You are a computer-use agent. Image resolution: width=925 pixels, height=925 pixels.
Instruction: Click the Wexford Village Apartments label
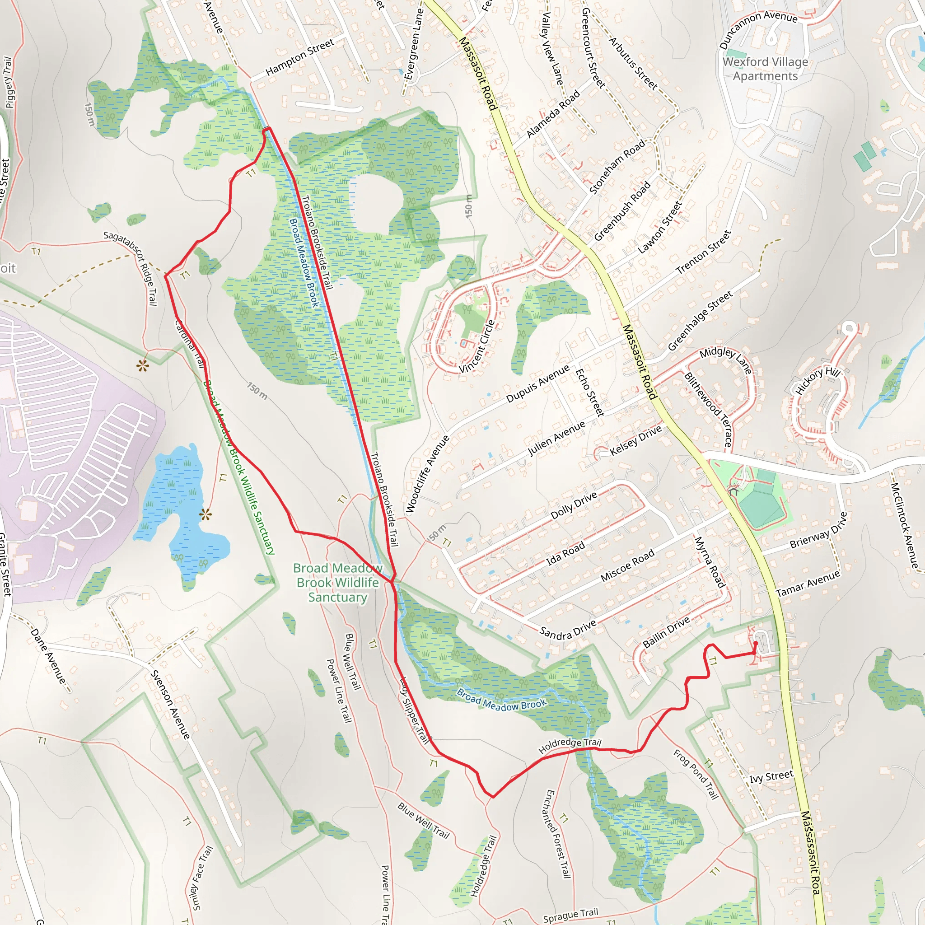click(x=765, y=69)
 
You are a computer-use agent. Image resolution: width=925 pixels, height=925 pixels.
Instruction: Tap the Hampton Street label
click(x=300, y=57)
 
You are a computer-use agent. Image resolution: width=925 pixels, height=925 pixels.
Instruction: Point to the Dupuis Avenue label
click(x=537, y=383)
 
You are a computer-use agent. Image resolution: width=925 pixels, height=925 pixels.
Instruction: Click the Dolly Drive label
click(x=574, y=505)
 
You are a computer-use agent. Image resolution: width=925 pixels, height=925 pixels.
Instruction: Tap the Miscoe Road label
click(x=627, y=565)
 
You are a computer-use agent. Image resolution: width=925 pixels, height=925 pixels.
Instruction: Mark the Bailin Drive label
click(x=666, y=631)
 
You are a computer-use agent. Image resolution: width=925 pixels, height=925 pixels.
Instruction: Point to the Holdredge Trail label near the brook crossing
click(x=569, y=745)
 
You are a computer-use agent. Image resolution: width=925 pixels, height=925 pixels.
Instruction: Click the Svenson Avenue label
click(x=170, y=704)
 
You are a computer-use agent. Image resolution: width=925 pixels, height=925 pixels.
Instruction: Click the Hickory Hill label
click(x=818, y=381)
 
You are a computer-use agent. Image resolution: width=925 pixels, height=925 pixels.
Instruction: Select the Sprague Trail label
click(x=570, y=915)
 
